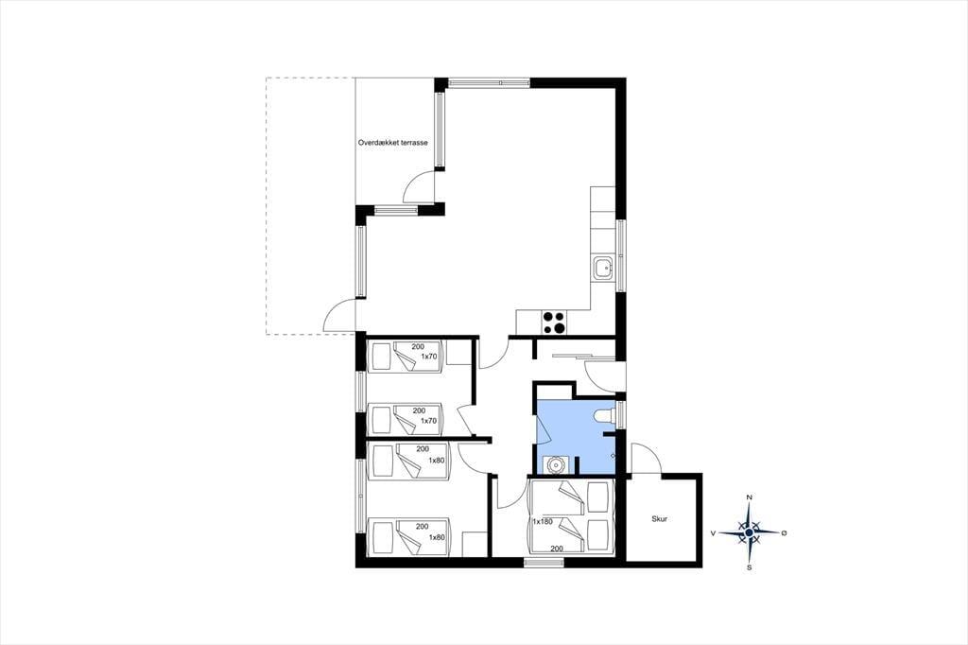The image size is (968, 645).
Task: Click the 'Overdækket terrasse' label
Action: (392, 143)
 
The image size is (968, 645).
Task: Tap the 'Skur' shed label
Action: (659, 519)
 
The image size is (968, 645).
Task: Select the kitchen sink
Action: (603, 269)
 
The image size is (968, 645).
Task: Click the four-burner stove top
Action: (553, 322)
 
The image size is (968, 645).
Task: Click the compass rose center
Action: (749, 532)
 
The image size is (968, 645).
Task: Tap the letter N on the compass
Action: (750, 497)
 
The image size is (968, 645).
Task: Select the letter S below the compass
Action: (750, 567)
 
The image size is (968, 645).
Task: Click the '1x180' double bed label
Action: (543, 521)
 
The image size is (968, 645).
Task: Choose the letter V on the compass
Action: (714, 532)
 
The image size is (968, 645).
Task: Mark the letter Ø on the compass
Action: (784, 532)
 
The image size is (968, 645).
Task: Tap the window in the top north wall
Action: (489, 82)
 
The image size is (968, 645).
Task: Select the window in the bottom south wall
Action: (544, 562)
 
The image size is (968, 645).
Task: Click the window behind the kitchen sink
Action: (621, 255)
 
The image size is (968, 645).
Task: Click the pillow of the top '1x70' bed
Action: (380, 357)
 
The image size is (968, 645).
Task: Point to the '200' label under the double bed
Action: (557, 549)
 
